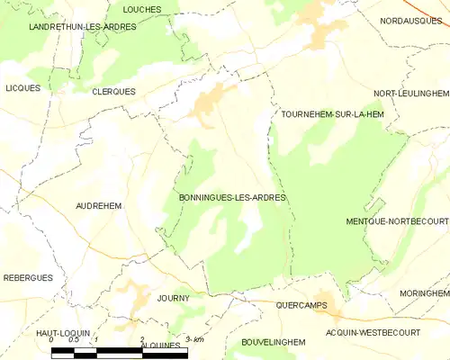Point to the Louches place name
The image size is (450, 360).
click(x=142, y=9)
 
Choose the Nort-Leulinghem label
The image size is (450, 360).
click(x=410, y=94)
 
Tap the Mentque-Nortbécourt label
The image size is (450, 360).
click(x=397, y=220)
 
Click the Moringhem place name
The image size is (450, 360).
click(x=425, y=293)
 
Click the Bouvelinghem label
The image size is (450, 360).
click(x=274, y=342)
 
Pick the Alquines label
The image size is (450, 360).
click(x=161, y=344)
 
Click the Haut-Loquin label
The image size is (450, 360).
click(x=60, y=333)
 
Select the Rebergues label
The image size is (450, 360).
click(x=27, y=278)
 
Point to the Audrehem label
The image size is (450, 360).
click(x=98, y=205)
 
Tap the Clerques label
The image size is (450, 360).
click(x=113, y=92)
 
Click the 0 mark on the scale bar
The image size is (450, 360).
click(x=51, y=340)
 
